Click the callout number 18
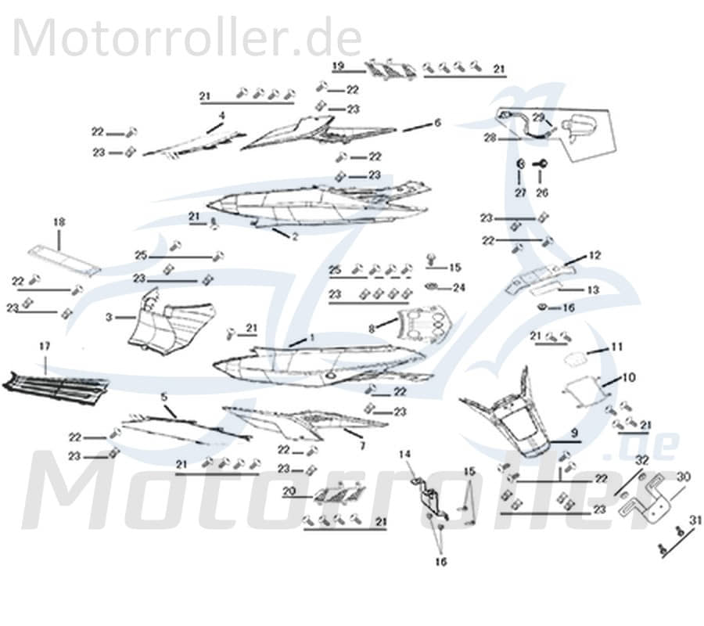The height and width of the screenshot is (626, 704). (59, 222)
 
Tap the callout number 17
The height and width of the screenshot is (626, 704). (45, 345)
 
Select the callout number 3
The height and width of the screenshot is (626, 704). (110, 318)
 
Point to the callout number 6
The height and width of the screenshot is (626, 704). (437, 123)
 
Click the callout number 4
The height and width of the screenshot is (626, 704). (221, 115)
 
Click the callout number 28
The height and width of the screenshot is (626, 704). (490, 138)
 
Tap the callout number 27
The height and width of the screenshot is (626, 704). (519, 192)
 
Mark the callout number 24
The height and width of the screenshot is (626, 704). (459, 288)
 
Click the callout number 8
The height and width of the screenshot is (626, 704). (372, 327)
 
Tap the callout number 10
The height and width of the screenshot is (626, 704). (629, 378)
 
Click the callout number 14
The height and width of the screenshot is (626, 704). (404, 454)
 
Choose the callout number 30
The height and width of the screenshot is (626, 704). (683, 476)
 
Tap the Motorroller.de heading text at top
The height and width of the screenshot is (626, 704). (188, 37)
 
